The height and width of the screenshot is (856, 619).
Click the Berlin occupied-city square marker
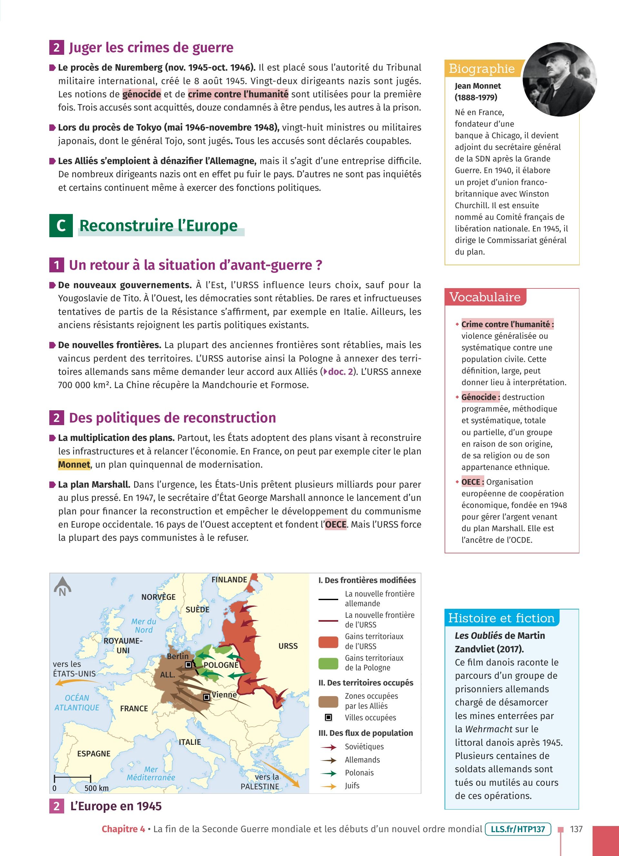point(188,665)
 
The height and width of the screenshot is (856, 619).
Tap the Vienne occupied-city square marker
point(206,697)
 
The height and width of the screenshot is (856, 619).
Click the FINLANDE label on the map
point(229,580)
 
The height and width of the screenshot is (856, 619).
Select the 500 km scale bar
point(73,778)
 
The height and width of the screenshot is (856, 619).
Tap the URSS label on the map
point(288,646)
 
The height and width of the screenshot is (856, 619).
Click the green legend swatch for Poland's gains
point(328,664)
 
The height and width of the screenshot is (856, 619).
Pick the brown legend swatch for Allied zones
point(328,702)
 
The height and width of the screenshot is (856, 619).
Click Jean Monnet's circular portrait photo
point(559,79)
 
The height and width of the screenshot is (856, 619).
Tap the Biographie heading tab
point(482,69)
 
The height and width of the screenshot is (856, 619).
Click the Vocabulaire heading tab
point(485,297)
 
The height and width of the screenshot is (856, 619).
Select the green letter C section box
point(61,226)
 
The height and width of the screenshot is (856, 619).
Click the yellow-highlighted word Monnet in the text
point(74,465)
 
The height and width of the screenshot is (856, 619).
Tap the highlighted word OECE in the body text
point(336,525)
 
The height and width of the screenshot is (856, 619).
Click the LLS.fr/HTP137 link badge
point(518,829)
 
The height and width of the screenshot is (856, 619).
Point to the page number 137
point(576,829)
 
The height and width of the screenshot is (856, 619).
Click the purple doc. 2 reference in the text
point(340,372)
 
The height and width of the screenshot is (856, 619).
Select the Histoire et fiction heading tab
point(501,618)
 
